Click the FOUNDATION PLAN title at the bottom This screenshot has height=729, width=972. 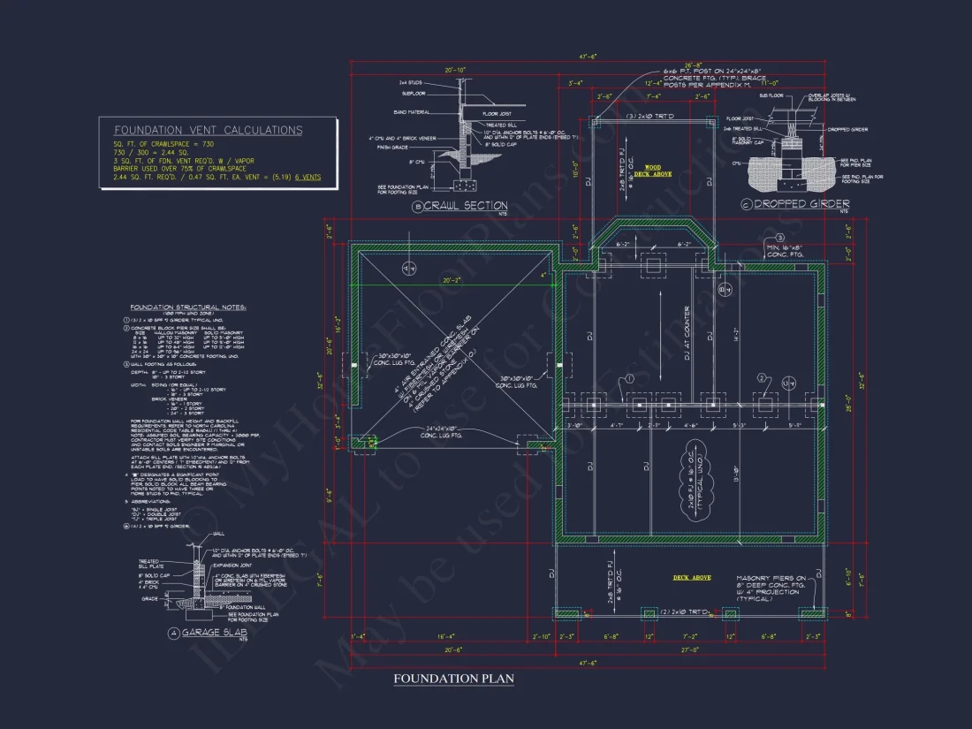click(453, 679)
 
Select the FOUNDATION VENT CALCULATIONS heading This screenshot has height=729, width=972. click(208, 130)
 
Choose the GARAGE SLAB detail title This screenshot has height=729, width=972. click(215, 633)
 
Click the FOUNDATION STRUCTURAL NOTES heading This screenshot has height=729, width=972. click(188, 307)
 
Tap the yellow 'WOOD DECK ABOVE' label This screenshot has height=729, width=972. click(651, 171)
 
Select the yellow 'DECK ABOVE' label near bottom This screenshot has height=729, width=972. click(692, 578)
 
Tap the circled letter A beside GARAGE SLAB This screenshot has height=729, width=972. click(173, 634)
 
